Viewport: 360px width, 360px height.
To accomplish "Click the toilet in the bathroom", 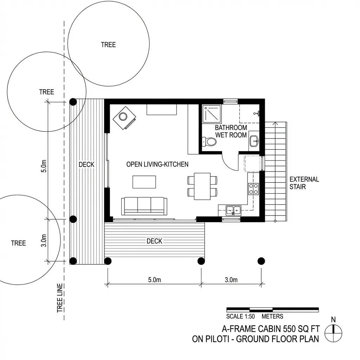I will tap(210, 142).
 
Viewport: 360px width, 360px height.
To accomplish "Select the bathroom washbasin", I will tap(253, 141).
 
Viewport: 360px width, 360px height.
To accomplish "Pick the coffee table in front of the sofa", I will tap(144, 182).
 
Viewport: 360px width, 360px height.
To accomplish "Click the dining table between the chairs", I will tap(202, 186).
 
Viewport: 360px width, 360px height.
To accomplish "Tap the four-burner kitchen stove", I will tap(253, 189).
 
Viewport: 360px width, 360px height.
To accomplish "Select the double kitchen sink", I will tap(233, 210).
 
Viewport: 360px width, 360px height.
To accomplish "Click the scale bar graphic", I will tap(272, 309).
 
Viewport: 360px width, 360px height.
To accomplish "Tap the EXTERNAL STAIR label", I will tap(304, 183).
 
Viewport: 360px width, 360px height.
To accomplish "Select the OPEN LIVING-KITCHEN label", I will tap(157, 164).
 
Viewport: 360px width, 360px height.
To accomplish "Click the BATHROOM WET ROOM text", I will tap(231, 131).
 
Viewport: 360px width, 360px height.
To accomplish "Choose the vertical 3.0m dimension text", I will tap(44, 240).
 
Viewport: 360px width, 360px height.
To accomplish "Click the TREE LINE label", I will tap(60, 298).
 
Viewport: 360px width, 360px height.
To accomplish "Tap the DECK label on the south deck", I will tap(154, 241).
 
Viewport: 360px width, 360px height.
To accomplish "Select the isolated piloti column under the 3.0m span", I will tap(261, 261).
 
